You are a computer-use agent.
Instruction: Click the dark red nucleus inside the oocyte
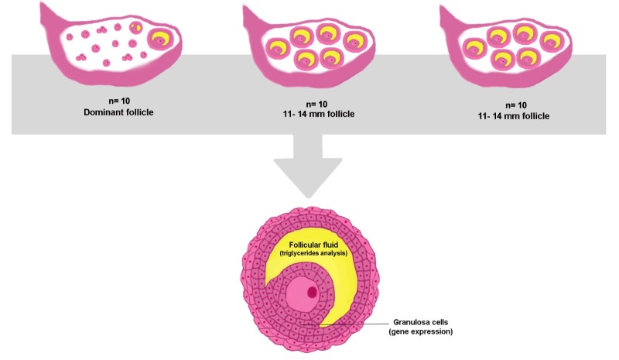[x=311, y=292]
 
